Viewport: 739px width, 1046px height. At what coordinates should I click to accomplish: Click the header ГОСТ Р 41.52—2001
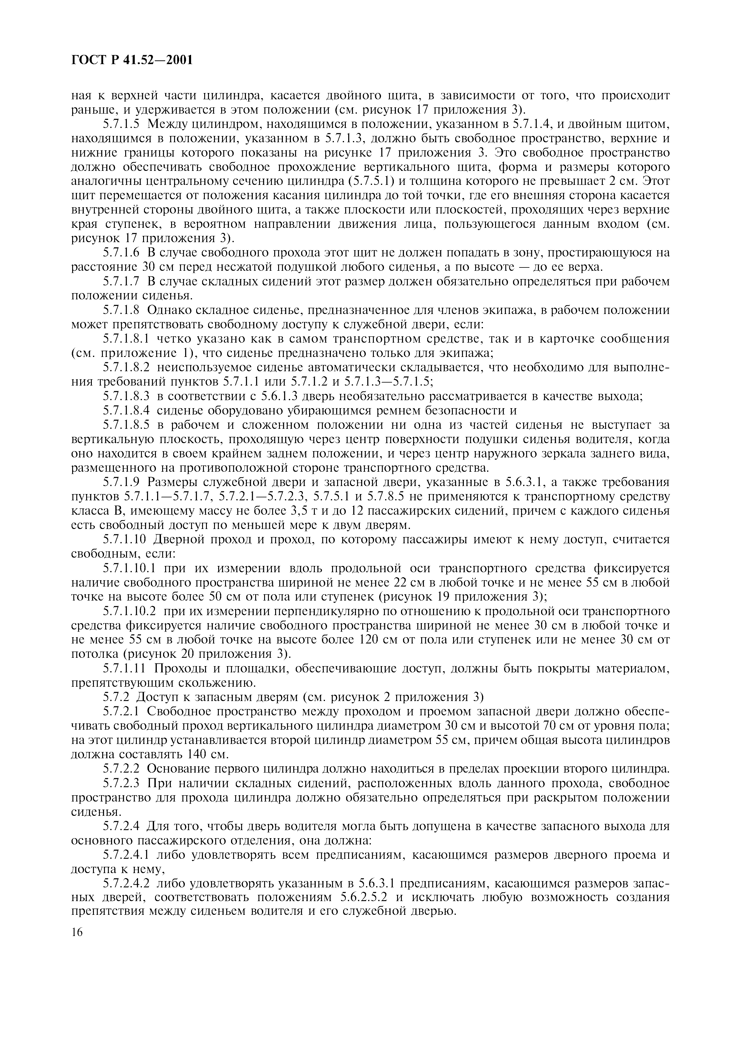(132, 60)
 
